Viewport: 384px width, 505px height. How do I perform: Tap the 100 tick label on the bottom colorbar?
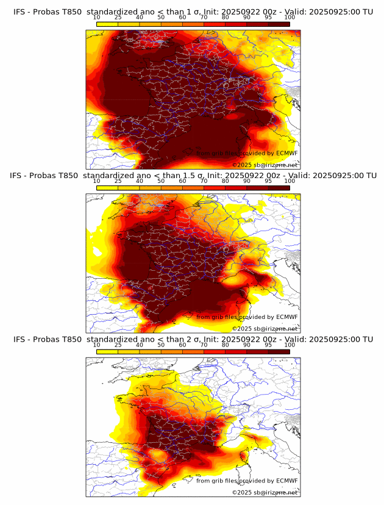290,345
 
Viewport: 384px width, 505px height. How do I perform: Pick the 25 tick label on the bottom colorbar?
118,345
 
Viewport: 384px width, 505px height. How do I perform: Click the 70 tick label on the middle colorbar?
204,181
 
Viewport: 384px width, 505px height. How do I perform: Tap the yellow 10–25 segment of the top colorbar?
107,23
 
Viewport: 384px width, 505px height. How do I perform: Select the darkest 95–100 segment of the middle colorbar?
279,188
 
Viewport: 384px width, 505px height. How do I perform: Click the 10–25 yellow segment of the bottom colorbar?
107,352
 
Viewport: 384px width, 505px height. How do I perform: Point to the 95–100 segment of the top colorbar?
279,23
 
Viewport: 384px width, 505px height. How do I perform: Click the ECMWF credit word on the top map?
286,154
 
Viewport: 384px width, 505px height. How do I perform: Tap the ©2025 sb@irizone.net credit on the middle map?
265,329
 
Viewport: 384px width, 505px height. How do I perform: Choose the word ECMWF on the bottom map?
286,481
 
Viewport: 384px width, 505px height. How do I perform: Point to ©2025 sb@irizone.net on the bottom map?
265,492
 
